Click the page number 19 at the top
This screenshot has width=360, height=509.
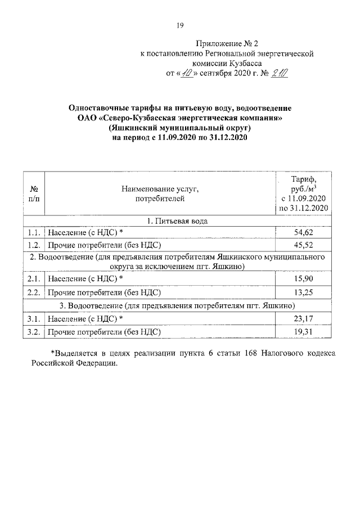pos(180,25)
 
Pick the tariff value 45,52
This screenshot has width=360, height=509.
pos(303,245)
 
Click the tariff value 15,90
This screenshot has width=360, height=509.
pos(303,279)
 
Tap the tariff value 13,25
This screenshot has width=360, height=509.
pos(303,292)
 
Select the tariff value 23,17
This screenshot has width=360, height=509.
pos(303,319)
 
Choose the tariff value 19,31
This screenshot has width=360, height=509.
pos(303,332)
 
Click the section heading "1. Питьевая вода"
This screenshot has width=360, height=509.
pos(177,221)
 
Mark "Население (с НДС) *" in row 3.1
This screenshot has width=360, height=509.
pos(85,319)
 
